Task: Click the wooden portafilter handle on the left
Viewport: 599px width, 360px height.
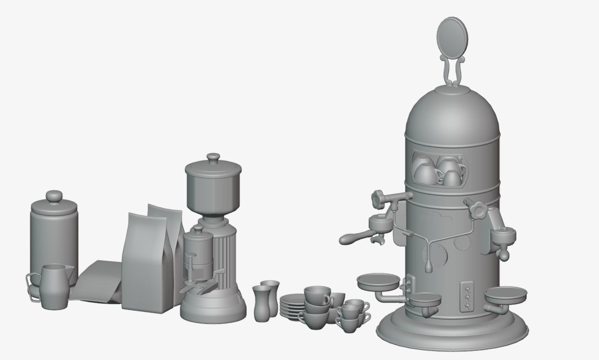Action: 353,237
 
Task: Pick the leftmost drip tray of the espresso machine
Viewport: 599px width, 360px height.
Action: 378,283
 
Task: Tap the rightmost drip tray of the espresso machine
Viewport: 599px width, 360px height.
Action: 505,295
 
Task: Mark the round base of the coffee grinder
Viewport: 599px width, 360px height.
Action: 213,309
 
